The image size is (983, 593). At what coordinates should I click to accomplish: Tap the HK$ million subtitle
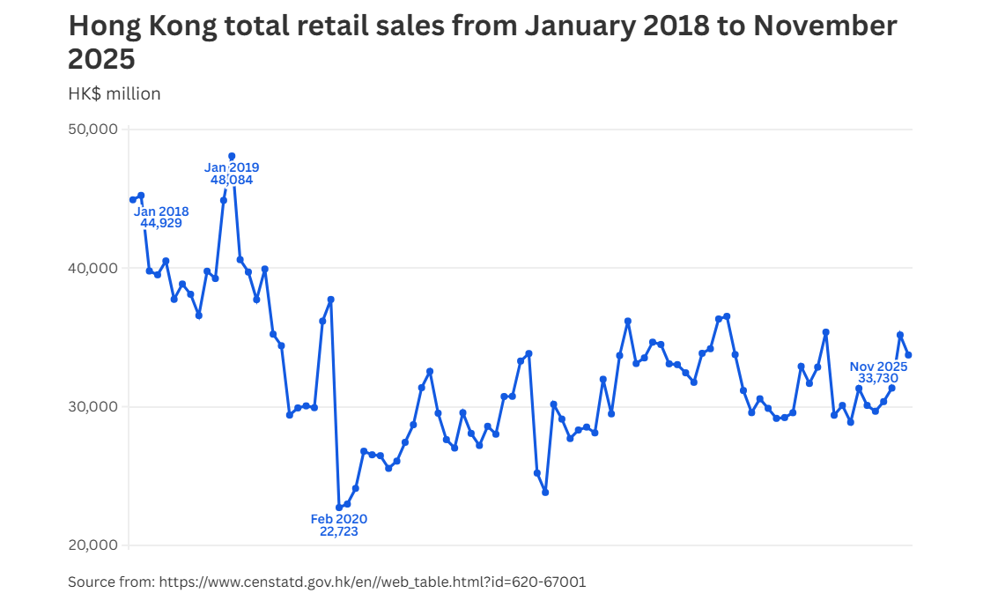115,93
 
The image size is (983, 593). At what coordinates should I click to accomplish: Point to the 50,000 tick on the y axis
92,130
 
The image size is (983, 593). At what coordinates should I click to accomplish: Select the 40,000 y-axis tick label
92,268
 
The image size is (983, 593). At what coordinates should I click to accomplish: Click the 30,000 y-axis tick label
92,406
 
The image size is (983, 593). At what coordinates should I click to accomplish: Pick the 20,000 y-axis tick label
92,545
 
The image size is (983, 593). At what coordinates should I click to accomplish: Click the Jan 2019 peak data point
232,156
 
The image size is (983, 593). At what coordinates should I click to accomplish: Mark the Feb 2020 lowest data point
339,508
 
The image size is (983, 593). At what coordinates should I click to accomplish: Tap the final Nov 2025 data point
909,355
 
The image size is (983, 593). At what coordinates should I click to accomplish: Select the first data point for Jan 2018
132,200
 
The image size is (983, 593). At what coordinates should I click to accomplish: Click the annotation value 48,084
232,180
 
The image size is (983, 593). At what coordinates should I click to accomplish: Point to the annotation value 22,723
339,531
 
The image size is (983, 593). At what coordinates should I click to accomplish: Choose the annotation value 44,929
161,223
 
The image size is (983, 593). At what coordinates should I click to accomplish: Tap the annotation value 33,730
878,378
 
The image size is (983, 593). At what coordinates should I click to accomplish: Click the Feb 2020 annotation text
339,519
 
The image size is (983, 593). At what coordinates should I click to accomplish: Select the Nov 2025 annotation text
878,367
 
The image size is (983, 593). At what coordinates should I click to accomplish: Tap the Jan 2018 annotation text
161,211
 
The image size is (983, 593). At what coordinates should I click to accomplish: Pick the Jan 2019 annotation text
232,167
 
